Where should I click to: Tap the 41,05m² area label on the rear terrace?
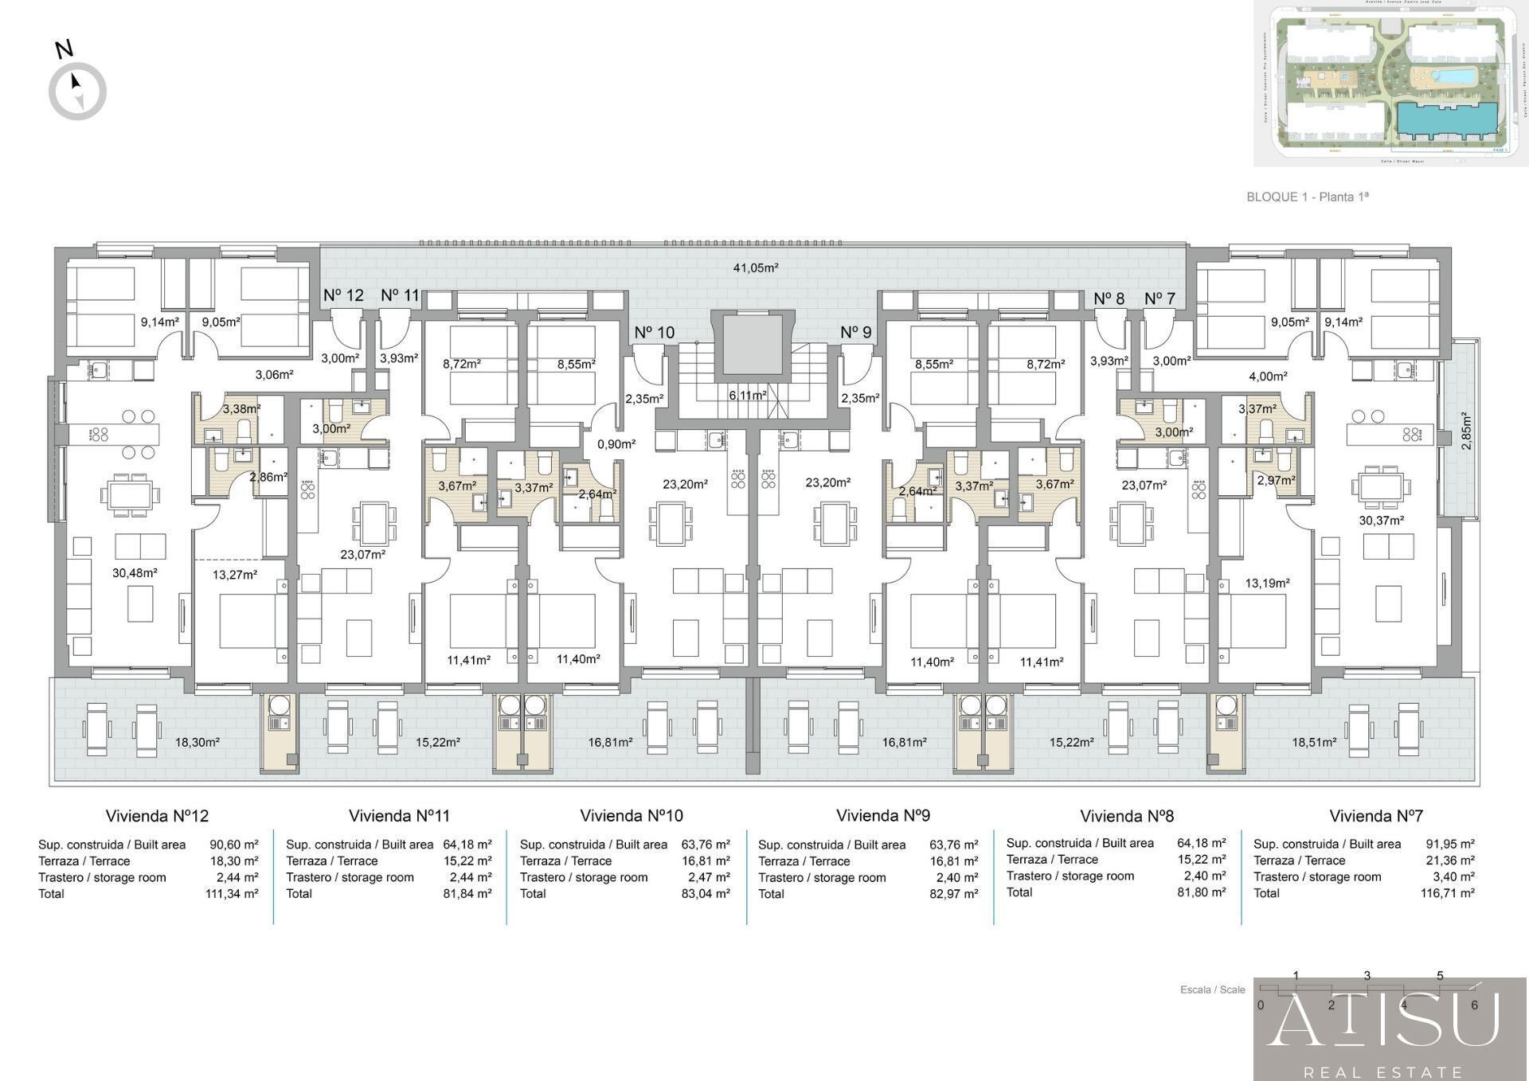755,268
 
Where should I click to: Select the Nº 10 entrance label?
654,333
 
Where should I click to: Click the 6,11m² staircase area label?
747,396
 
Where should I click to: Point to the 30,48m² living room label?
135,573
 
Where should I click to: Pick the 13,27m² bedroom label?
235,575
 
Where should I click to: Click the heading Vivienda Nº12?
157,816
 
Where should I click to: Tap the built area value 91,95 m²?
1449,845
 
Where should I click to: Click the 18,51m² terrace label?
1314,743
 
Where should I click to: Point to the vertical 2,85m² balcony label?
1466,431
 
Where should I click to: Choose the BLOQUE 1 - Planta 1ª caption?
1307,197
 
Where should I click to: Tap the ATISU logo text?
1384,1020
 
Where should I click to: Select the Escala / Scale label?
1212,990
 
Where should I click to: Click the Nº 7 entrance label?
1159,299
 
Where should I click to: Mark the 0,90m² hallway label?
616,444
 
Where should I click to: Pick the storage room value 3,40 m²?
1454,877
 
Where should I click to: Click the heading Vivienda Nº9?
882,816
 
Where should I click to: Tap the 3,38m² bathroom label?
241,409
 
